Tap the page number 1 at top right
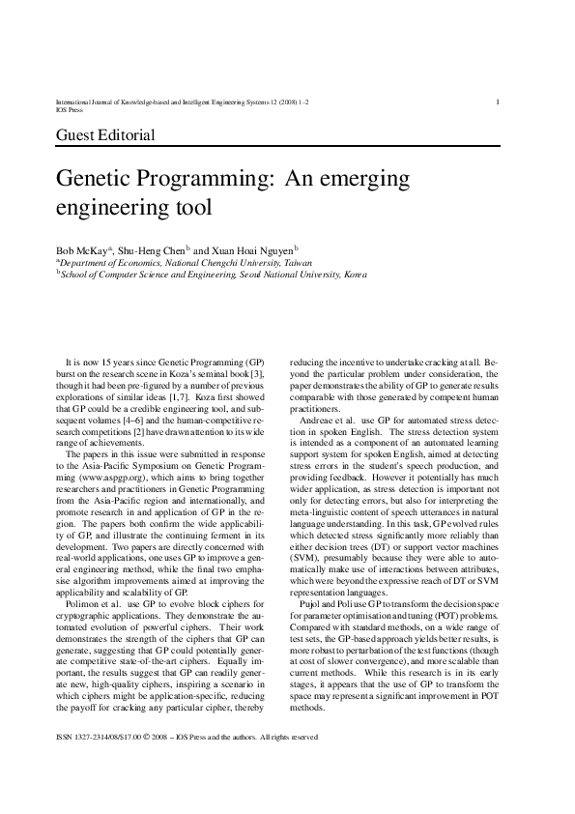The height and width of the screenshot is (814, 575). (x=497, y=102)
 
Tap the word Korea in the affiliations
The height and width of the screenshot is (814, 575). (x=355, y=275)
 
